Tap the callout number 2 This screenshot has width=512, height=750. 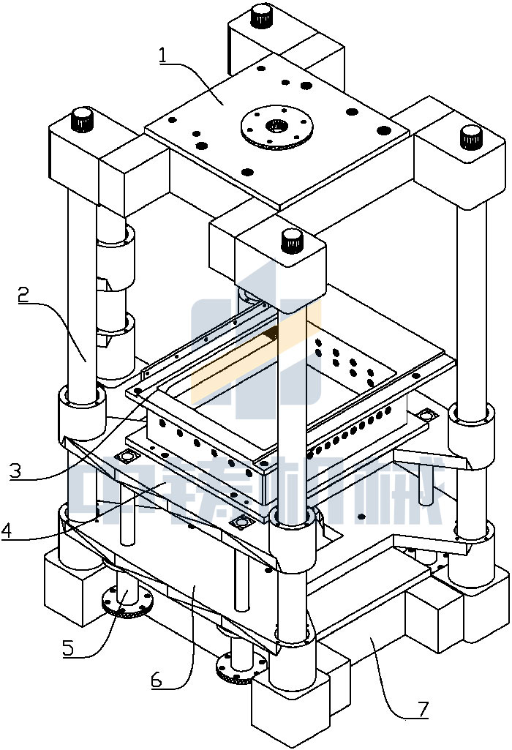(24, 295)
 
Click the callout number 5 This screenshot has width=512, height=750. (68, 647)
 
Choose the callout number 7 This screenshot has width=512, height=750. (422, 708)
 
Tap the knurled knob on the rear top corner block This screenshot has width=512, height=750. (261, 14)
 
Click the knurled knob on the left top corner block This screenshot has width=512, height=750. (82, 118)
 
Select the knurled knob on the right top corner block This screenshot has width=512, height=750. (467, 136)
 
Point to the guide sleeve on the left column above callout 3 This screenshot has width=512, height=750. (80, 410)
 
